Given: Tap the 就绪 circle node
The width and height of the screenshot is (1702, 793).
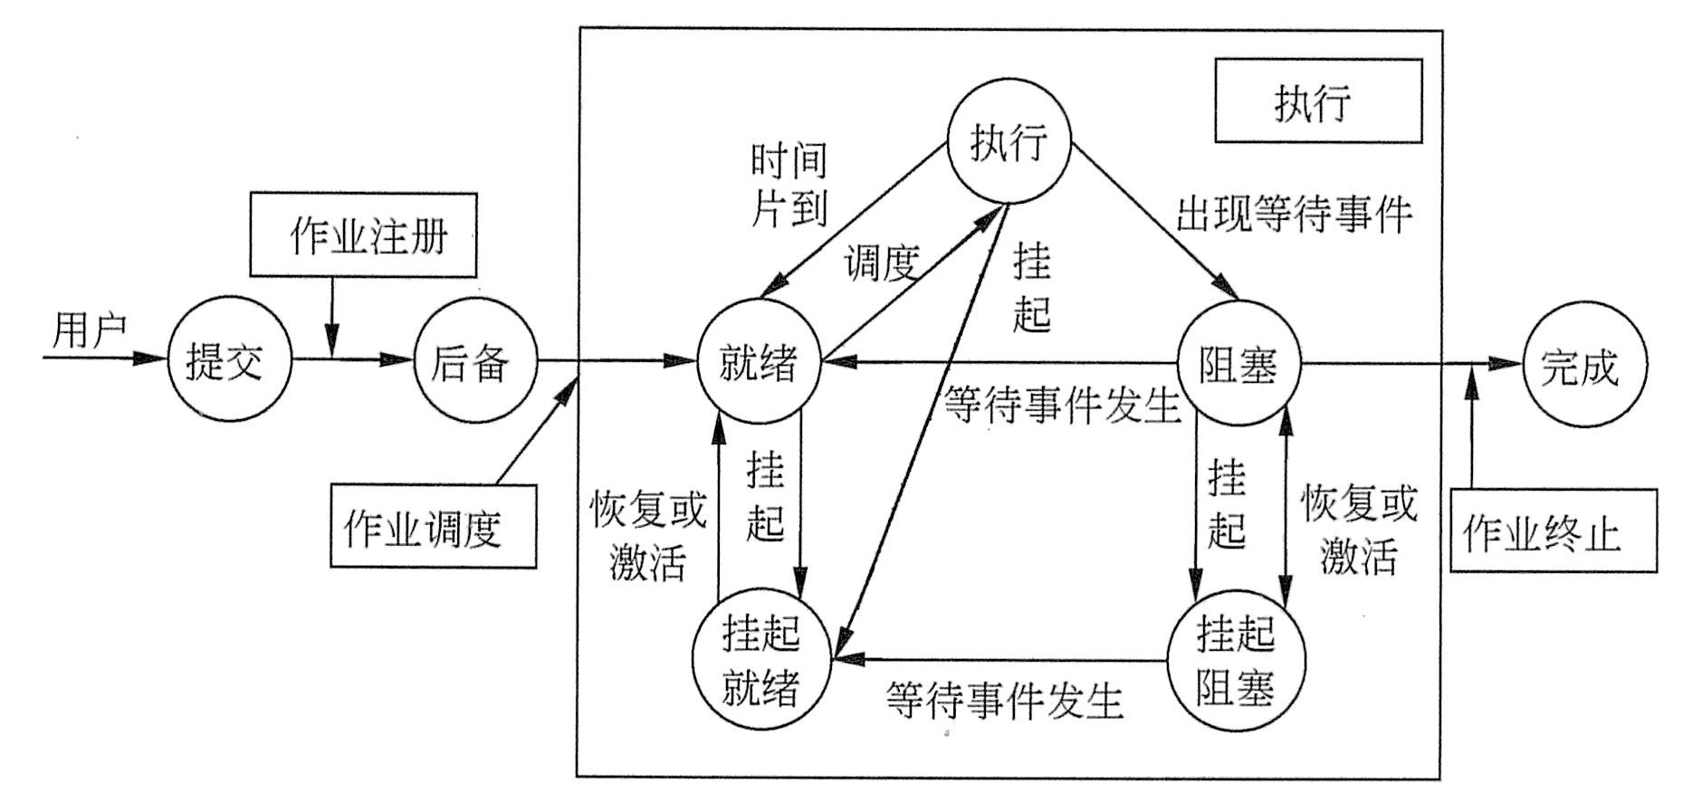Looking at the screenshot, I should tap(759, 362).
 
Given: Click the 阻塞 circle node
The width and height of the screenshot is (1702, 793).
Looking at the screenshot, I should tap(1238, 364).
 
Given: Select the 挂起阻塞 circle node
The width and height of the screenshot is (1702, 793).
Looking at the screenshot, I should tap(1236, 660).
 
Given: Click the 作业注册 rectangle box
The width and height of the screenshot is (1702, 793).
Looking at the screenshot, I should tap(363, 234).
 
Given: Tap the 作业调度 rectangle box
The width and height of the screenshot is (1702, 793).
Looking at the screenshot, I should tap(433, 526).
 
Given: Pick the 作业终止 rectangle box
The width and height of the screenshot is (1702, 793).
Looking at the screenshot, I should tap(1554, 531).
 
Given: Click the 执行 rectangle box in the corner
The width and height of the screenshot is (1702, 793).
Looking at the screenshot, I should tap(1317, 101).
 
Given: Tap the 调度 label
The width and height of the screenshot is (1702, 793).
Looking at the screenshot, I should tap(882, 263).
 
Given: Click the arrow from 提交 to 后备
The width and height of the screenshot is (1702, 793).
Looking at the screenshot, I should tap(352, 359).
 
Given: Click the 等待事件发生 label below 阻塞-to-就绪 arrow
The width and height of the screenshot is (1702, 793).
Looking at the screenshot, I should tap(1061, 405).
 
